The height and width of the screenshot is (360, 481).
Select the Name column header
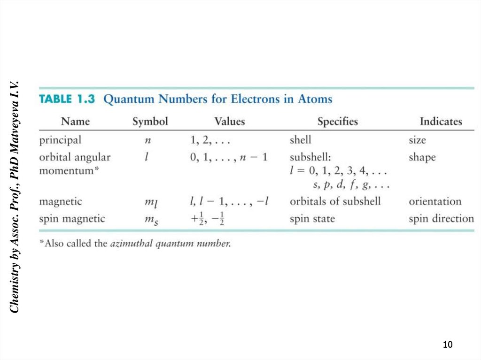[x=75, y=122]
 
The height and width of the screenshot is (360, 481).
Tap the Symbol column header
[x=150, y=122]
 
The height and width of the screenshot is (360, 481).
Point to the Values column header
[x=229, y=122]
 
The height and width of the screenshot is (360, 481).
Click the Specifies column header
[x=337, y=122]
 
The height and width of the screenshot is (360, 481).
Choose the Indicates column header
[x=441, y=122]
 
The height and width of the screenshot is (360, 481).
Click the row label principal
[x=60, y=140]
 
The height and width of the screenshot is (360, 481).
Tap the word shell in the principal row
[x=300, y=140]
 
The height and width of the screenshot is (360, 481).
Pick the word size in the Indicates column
[x=417, y=140]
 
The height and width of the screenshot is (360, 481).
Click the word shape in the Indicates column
[x=422, y=158]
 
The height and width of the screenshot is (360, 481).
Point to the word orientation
[x=435, y=202]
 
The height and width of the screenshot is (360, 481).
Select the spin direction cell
[x=441, y=219]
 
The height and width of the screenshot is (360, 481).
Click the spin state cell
[x=312, y=219]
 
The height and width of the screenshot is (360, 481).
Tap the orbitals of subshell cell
[x=335, y=202]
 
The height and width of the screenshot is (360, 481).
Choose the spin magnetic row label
[x=72, y=219]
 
